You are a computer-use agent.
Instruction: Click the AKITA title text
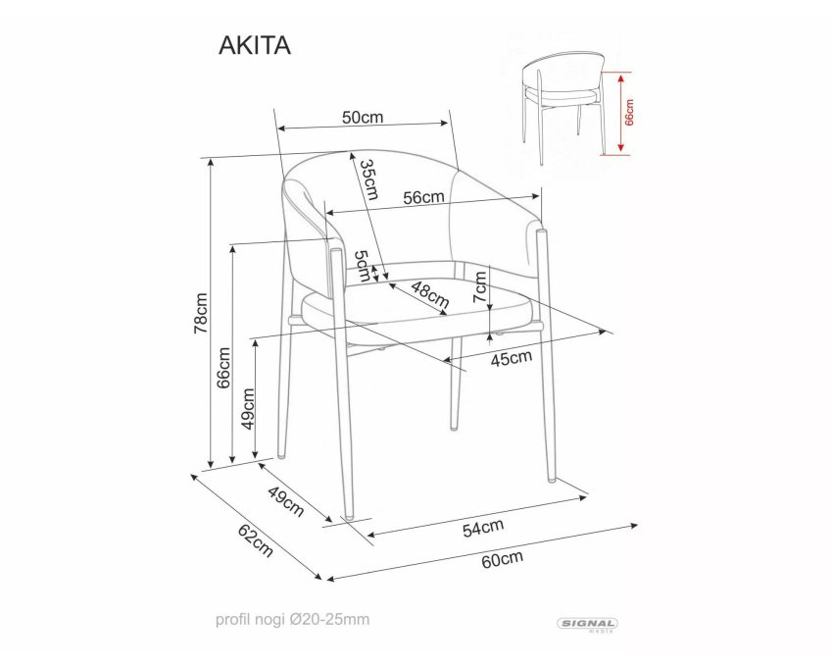pos(255,46)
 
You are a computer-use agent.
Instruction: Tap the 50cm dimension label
pos(363,117)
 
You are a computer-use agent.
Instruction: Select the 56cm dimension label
pos(423,197)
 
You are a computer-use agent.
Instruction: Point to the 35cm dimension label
pos(368,180)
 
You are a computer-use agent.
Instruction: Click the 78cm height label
pos(201,313)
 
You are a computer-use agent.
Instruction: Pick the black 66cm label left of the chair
pos(223,368)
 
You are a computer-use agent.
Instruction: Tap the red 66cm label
pos(629,112)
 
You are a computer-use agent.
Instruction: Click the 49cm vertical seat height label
pos(248,408)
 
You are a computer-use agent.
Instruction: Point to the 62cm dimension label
pos(256,540)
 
